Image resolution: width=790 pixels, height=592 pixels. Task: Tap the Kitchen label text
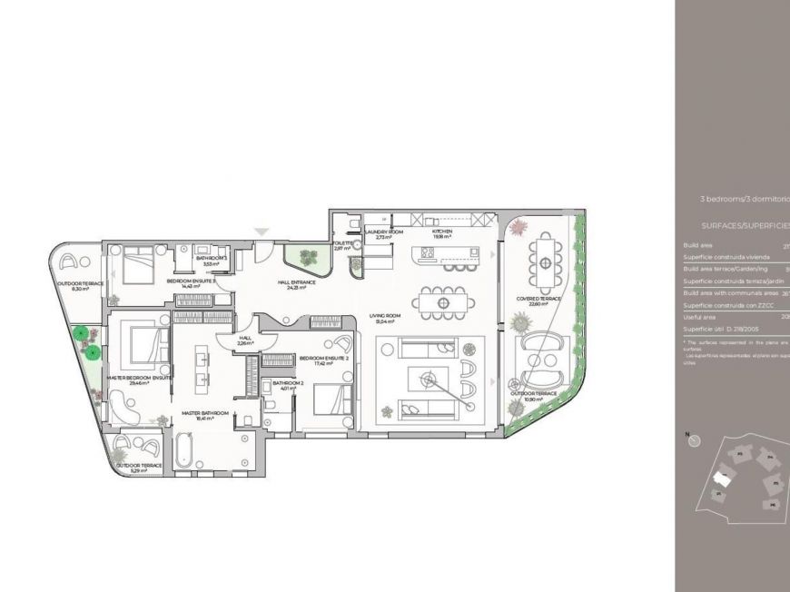click(442, 232)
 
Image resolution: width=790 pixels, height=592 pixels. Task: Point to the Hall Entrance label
click(296, 282)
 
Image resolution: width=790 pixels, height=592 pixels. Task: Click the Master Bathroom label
click(196, 414)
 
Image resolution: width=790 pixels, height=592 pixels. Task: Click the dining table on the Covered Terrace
click(545, 261)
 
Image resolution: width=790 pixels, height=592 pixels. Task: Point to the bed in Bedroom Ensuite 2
click(333, 400)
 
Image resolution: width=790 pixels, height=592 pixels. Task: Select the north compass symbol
click(695, 440)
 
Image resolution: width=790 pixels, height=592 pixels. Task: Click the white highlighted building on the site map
click(723, 478)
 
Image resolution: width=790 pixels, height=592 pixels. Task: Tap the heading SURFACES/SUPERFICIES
click(745, 223)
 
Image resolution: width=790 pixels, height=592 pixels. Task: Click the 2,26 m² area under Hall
click(245, 344)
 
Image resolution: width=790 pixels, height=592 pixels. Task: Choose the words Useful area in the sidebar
click(700, 317)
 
